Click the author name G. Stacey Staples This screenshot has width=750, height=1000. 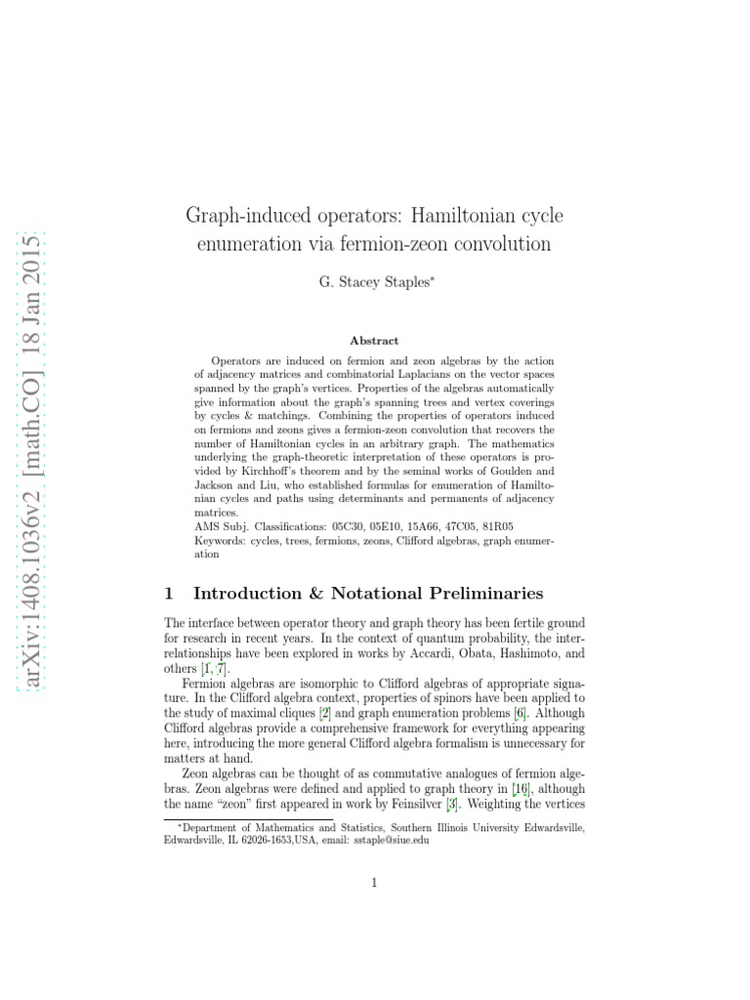pyautogui.click(x=374, y=282)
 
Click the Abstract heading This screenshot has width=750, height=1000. pyautogui.click(x=374, y=341)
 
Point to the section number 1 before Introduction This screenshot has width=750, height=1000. pyautogui.click(x=169, y=593)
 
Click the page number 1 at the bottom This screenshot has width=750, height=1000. pyautogui.click(x=374, y=884)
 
